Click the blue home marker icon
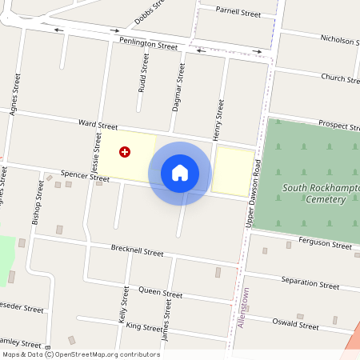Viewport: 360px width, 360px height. coord(180,172)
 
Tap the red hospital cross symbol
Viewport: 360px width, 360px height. coord(125,151)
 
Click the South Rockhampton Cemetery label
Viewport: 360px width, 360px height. coord(321,194)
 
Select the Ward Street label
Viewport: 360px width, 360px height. coord(98,126)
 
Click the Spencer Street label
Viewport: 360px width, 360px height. coord(85,174)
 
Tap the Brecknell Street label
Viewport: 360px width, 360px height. coord(137,251)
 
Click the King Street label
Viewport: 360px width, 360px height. coord(144,326)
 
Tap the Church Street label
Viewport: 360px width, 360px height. coord(340,78)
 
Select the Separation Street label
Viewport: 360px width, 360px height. coord(310,282)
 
